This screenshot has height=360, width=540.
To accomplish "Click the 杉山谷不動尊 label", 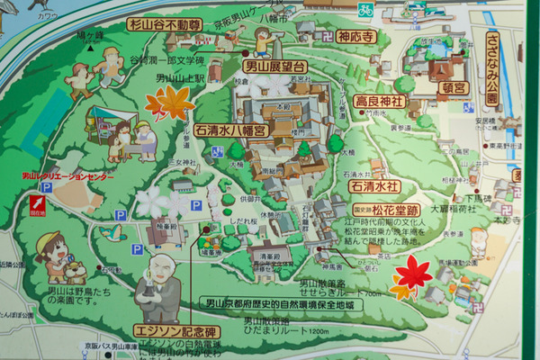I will [163, 24].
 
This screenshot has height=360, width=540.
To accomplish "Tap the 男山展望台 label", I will [274, 66].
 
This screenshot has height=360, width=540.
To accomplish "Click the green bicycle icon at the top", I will [365, 11].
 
